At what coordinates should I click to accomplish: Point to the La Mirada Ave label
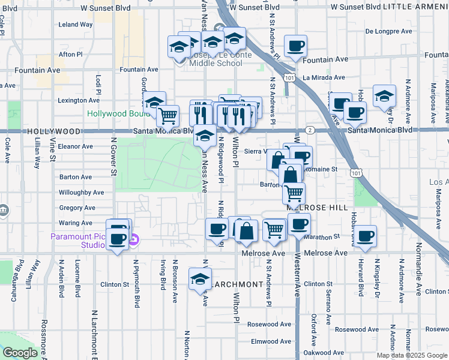[324, 77]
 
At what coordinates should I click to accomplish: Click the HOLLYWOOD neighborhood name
[53, 131]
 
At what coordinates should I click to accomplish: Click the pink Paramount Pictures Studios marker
[134, 241]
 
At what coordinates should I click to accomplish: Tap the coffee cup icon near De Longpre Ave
[295, 46]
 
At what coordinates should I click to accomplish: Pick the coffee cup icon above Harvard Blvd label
[365, 236]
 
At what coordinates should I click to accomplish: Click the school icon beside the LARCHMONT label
[200, 279]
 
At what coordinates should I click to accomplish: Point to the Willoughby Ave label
[81, 193]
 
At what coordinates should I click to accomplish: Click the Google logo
[20, 353]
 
